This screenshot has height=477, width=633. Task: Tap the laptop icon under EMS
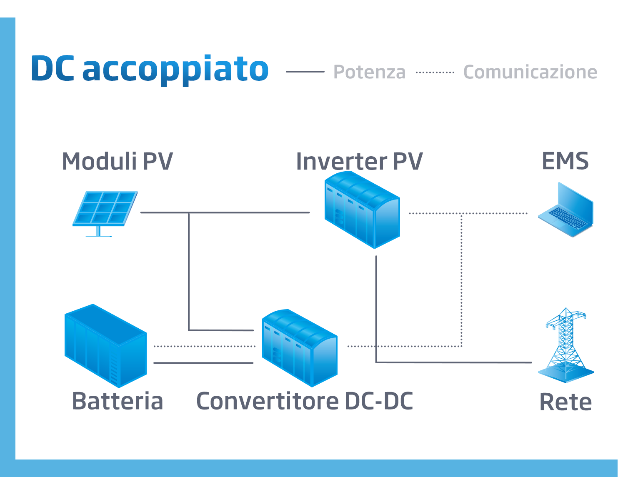pyautogui.click(x=565, y=210)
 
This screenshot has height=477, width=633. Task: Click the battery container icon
pyautogui.click(x=105, y=346)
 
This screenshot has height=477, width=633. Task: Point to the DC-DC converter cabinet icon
pyautogui.click(x=300, y=347)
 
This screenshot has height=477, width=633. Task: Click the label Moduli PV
pyautogui.click(x=117, y=161)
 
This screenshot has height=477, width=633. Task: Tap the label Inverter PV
pyautogui.click(x=359, y=161)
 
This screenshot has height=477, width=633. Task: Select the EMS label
pyautogui.click(x=565, y=161)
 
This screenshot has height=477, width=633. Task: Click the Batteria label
pyautogui.click(x=117, y=401)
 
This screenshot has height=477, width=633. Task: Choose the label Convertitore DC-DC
pyautogui.click(x=304, y=401)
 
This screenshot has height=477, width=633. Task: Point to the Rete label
pyautogui.click(x=565, y=402)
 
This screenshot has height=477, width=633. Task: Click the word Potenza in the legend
pyautogui.click(x=369, y=72)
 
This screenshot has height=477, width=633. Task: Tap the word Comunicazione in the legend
pyautogui.click(x=530, y=72)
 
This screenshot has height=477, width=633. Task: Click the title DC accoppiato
pyautogui.click(x=150, y=69)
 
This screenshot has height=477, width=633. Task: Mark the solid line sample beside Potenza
pyautogui.click(x=305, y=72)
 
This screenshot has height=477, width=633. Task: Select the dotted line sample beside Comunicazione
pyautogui.click(x=435, y=72)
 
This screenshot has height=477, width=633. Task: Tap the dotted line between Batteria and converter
pyautogui.click(x=204, y=346)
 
